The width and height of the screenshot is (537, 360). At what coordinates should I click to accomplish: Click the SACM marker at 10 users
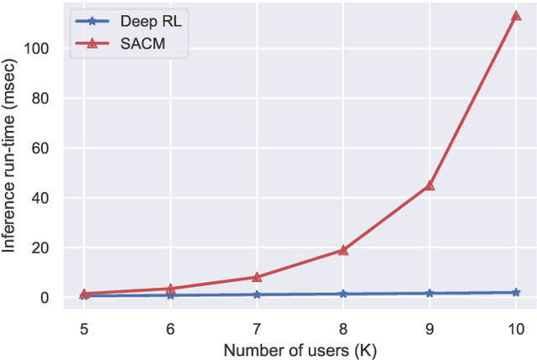tap(515, 16)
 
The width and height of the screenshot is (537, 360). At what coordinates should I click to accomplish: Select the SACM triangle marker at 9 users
tap(430, 185)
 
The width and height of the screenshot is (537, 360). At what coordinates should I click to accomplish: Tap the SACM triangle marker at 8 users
tap(343, 250)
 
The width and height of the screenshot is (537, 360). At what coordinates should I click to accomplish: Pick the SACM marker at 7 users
tap(257, 277)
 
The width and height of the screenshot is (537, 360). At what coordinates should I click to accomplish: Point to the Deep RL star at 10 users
tap(515, 292)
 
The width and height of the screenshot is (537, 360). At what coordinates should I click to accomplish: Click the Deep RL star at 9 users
tap(430, 294)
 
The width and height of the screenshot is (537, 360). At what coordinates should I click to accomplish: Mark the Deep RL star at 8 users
tap(343, 295)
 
